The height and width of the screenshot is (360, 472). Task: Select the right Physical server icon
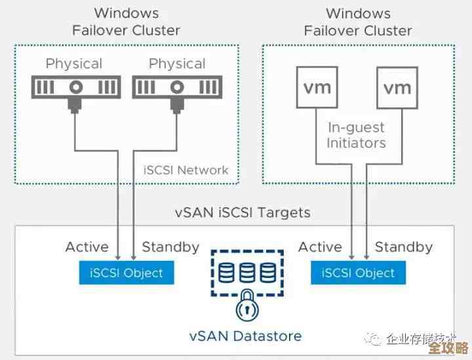[178, 87]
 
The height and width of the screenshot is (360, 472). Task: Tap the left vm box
[317, 87]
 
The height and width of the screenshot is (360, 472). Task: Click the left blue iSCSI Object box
[127, 272]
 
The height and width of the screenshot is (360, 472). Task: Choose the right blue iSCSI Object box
[358, 272]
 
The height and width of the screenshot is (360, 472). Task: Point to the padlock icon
[247, 306]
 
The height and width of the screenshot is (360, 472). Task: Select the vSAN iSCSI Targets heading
[243, 212]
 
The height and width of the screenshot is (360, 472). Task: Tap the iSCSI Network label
[186, 170]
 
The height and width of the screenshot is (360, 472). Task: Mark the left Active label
[87, 247]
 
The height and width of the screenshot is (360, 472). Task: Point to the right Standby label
[403, 247]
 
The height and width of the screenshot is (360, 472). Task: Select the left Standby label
[170, 247]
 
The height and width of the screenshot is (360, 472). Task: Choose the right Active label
[320, 247]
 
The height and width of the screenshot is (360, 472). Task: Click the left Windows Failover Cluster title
[125, 22]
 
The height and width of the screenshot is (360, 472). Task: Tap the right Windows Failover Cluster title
[357, 22]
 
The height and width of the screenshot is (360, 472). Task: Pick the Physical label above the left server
[74, 64]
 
